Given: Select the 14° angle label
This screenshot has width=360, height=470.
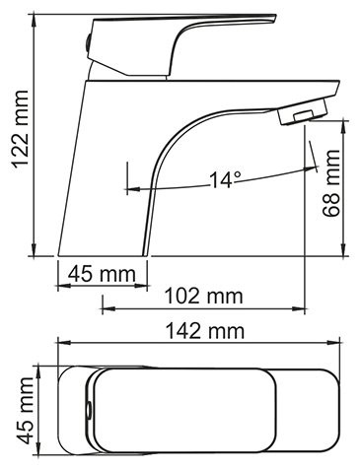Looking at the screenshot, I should click(x=224, y=180).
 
